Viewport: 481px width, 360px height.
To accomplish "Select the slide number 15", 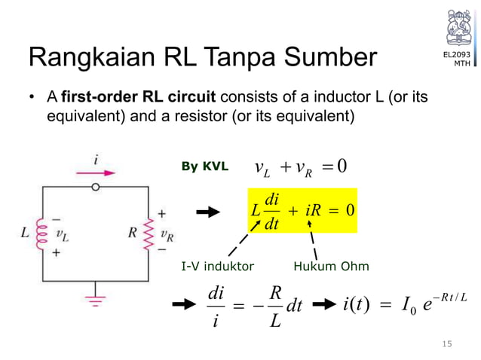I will tap(447, 344).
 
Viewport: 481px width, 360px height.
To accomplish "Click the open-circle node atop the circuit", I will tap(96, 188).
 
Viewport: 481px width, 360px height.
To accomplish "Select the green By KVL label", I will tap(204, 166).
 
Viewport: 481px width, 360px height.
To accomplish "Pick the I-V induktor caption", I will tap(218, 266).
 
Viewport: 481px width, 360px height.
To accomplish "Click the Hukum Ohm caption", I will tap(331, 266).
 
